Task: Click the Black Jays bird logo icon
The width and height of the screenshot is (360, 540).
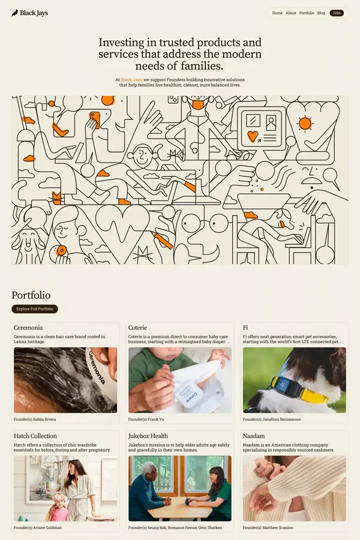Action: tap(15, 13)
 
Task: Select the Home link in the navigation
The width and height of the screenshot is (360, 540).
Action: tap(277, 13)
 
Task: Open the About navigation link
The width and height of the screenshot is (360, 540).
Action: tap(291, 13)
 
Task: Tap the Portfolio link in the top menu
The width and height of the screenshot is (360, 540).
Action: tap(307, 13)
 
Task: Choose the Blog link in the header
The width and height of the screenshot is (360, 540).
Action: tap(321, 13)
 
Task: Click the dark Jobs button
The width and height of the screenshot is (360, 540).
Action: tap(337, 13)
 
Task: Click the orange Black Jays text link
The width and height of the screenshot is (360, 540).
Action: tap(131, 79)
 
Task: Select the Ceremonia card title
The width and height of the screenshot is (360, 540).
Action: tap(28, 328)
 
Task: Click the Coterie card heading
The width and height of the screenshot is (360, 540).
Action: tap(137, 328)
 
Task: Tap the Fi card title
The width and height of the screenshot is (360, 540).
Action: tap(245, 328)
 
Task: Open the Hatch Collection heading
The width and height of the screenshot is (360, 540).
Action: tap(35, 436)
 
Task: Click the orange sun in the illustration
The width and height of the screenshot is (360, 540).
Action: tap(305, 123)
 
